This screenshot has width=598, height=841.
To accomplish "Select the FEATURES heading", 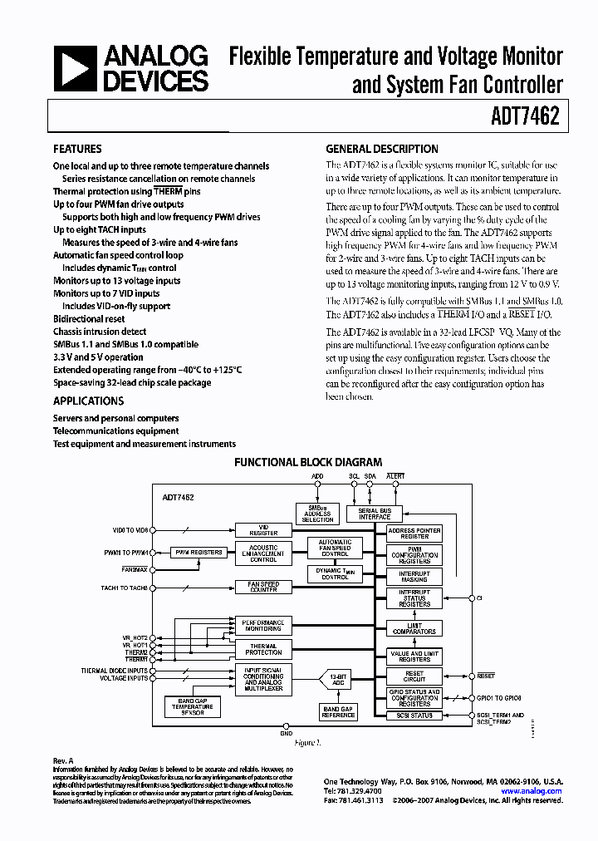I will pyautogui.click(x=77, y=150).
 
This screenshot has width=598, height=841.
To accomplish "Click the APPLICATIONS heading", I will pyautogui.click(x=88, y=401).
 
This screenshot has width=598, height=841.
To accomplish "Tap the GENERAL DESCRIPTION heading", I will pyautogui.click(x=381, y=150).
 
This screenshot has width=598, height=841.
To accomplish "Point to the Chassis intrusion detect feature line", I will pyautogui.click(x=100, y=332).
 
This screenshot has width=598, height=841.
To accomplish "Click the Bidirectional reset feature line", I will pyautogui.click(x=89, y=319).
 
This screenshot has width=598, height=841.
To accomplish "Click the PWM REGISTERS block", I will pyautogui.click(x=197, y=552).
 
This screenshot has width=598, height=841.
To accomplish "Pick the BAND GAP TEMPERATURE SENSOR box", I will pyautogui.click(x=192, y=706).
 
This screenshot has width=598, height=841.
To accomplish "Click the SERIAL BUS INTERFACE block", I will pyautogui.click(x=375, y=514).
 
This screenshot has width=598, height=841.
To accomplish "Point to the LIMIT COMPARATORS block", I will pyautogui.click(x=414, y=629).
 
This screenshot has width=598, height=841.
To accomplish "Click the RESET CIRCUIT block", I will pyautogui.click(x=414, y=677).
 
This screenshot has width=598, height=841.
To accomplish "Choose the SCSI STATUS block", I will pyautogui.click(x=414, y=716).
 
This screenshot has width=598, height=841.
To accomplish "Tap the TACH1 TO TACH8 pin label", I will pyautogui.click(x=125, y=588).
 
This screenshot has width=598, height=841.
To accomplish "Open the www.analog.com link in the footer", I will pyautogui.click(x=532, y=791).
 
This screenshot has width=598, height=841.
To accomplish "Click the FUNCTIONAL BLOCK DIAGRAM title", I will pyautogui.click(x=308, y=462).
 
